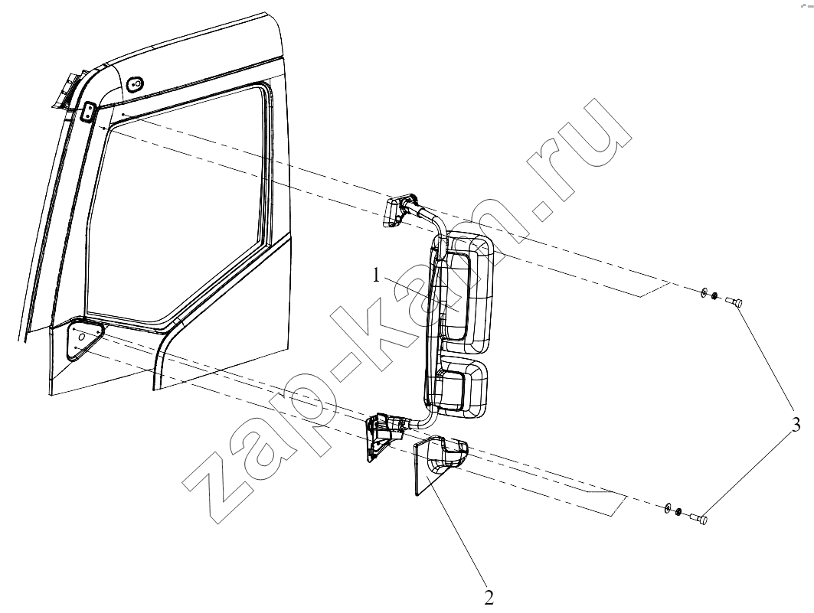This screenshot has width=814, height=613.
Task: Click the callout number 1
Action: [x=377, y=276]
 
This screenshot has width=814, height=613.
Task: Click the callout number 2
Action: [x=489, y=598]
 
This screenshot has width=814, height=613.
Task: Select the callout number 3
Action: [x=795, y=425]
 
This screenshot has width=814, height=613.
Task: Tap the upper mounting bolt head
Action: [x=734, y=301]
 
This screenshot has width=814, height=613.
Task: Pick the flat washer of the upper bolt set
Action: [x=704, y=293]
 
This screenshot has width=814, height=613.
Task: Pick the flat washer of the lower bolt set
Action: [x=669, y=507]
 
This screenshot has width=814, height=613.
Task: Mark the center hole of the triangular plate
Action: [x=80, y=337]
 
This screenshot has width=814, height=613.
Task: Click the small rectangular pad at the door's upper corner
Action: [x=89, y=112]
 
